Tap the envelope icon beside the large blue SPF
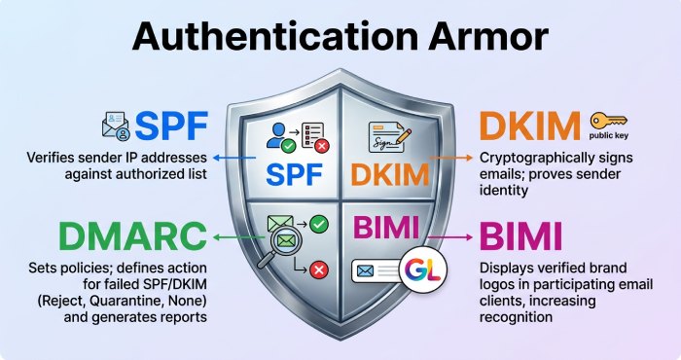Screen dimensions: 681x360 [x=116, y=126]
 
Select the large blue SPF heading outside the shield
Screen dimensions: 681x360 [x=173, y=126]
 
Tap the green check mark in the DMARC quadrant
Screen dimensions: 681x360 [x=321, y=223]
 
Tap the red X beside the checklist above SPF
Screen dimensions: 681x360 [x=319, y=147]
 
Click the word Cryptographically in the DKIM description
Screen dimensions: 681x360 [x=529, y=158]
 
